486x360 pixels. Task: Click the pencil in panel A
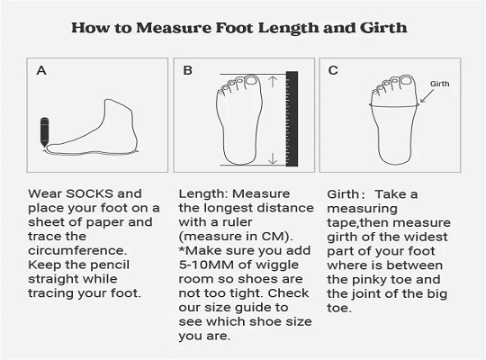(44, 132)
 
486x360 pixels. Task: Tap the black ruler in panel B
(292, 119)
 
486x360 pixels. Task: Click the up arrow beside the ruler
(273, 82)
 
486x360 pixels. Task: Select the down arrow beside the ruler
(273, 158)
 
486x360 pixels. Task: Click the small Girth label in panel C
(439, 84)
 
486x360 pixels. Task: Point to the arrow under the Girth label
(427, 96)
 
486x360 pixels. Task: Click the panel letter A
(41, 70)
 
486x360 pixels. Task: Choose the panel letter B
(187, 70)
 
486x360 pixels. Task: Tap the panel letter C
(333, 70)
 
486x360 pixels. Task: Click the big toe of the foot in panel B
(251, 81)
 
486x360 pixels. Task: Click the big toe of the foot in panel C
(406, 81)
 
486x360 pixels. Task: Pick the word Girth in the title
(383, 28)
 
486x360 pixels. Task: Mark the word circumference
(77, 250)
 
